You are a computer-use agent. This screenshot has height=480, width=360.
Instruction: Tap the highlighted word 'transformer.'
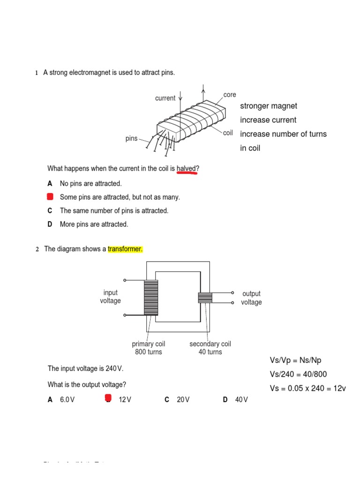click(x=125, y=249)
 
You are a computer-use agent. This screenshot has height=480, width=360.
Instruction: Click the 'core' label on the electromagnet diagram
click(x=230, y=95)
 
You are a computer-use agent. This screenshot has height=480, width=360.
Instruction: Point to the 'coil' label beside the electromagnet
click(x=228, y=133)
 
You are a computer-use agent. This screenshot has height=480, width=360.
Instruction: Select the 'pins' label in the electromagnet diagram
click(x=132, y=139)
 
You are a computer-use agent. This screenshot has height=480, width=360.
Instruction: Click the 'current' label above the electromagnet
click(x=165, y=98)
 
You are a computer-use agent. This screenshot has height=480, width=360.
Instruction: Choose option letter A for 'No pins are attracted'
click(x=50, y=184)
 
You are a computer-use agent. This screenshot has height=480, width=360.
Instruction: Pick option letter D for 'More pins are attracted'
click(x=50, y=224)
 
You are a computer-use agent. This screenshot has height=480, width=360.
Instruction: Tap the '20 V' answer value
click(x=183, y=400)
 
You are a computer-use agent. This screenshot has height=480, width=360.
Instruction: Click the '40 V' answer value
click(x=241, y=400)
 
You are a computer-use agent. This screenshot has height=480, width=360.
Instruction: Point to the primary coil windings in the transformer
click(x=151, y=298)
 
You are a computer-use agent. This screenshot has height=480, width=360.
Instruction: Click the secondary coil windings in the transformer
click(x=205, y=298)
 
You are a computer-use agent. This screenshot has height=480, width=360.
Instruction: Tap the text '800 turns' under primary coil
click(x=148, y=352)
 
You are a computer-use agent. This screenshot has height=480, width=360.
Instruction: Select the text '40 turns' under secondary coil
click(x=210, y=352)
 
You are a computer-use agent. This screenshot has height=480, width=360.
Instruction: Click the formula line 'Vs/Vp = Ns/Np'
click(x=295, y=360)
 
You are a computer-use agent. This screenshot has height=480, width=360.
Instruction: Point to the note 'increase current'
click(x=268, y=120)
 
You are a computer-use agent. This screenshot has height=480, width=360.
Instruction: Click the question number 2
click(x=37, y=249)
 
